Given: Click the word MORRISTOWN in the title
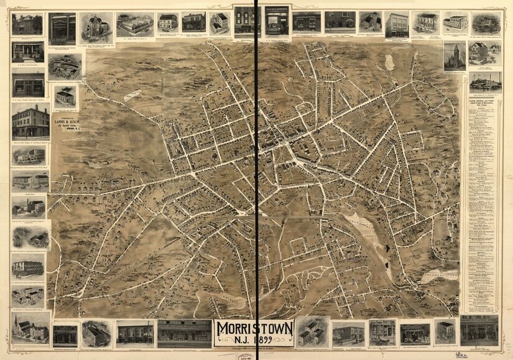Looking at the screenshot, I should [x=254, y=328].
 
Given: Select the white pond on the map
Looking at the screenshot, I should [x=390, y=62].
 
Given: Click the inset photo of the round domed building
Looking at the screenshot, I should [x=96, y=25].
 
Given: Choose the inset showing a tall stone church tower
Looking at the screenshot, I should [x=454, y=56].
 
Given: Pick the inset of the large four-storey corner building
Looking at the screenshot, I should [x=30, y=121].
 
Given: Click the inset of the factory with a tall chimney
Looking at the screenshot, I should [x=485, y=81].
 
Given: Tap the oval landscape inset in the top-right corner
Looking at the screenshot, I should [x=486, y=24].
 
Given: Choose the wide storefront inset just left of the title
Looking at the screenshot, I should [x=184, y=333].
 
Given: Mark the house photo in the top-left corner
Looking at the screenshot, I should [x=27, y=24].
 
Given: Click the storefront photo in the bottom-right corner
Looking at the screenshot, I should [x=479, y=330].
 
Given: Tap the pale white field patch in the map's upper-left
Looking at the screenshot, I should [x=132, y=96].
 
